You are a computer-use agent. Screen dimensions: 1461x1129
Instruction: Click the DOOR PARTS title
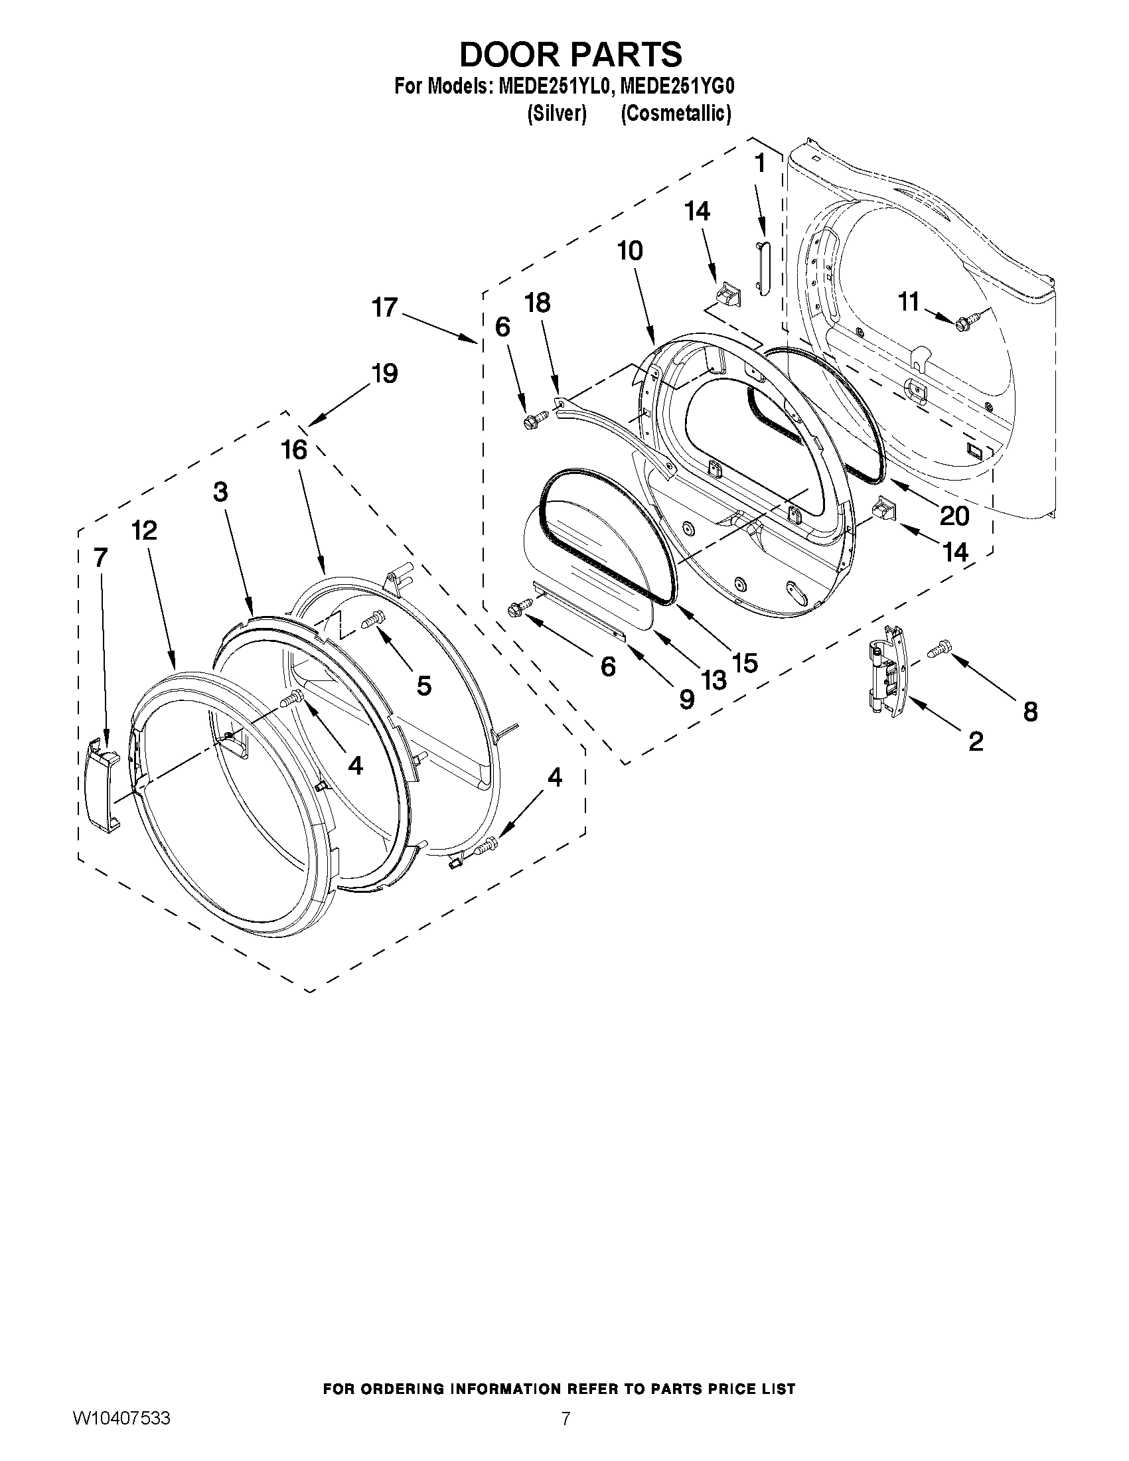click(x=571, y=54)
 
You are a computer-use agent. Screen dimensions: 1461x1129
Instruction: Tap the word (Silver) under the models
click(x=556, y=114)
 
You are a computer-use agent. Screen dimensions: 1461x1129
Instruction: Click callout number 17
click(x=384, y=308)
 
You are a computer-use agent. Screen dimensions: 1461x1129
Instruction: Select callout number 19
click(x=384, y=373)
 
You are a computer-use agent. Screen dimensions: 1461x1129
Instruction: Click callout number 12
click(x=144, y=530)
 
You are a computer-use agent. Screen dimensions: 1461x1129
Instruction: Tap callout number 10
click(x=629, y=251)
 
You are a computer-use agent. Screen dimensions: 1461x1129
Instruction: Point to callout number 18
click(x=537, y=303)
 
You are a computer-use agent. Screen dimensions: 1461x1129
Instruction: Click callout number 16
click(x=293, y=449)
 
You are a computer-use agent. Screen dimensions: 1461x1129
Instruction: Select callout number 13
click(x=713, y=680)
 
